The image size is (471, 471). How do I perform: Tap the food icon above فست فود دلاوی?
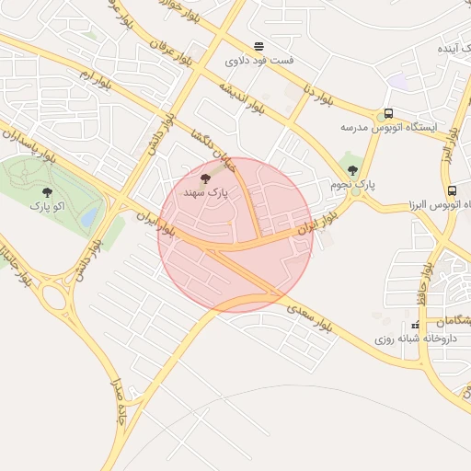point(258,46)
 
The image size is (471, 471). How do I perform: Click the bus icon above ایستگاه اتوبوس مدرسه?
point(388,114)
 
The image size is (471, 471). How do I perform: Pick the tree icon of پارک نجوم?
point(352,170)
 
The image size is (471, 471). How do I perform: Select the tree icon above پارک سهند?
point(204,178)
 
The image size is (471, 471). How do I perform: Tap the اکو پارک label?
point(48,205)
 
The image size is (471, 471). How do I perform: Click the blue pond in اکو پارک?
point(89,218)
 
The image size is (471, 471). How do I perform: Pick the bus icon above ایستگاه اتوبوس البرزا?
point(452,190)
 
